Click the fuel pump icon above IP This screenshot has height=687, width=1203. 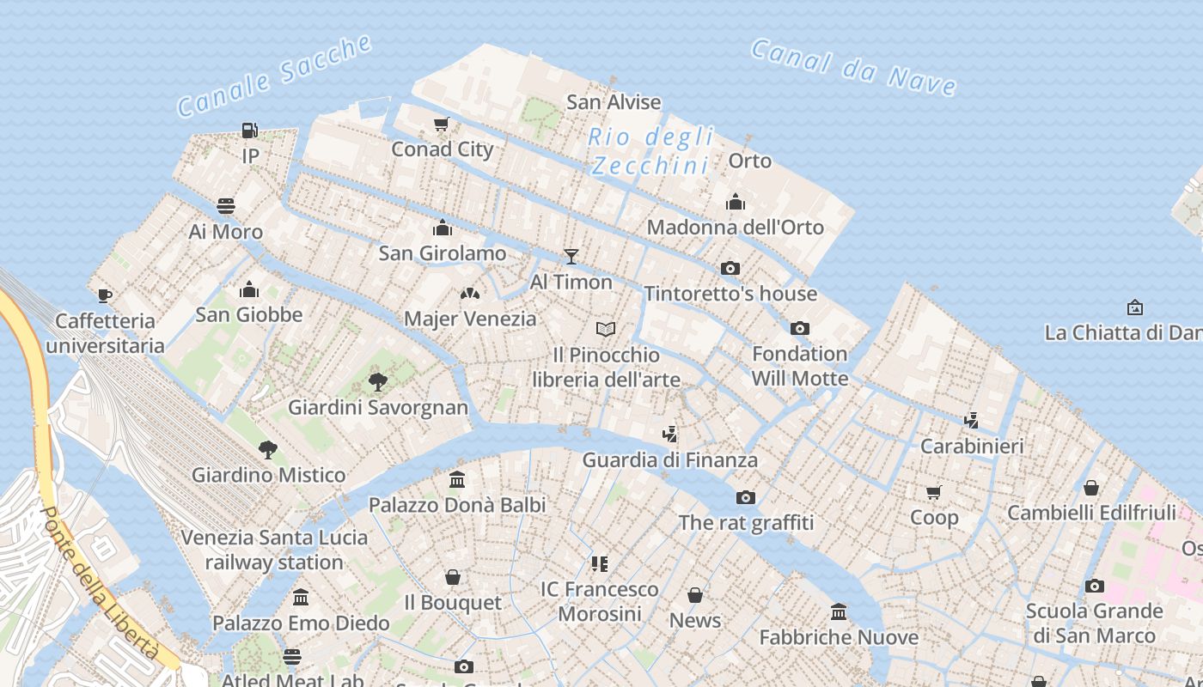tap(249, 131)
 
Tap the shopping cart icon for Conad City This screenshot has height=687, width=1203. tap(442, 124)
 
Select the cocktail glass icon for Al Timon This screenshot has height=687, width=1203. tap(571, 256)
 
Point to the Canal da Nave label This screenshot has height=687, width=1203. tap(853, 67)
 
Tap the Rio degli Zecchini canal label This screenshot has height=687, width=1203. tap(651, 151)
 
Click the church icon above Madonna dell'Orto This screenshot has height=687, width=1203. tap(736, 202)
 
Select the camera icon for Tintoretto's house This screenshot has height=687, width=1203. tap(730, 268)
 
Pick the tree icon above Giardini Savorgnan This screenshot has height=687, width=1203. tap(377, 381)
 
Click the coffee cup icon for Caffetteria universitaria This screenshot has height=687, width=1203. tap(105, 295)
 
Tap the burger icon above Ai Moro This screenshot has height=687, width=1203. tap(226, 206)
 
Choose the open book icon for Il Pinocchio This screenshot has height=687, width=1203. tap(606, 329)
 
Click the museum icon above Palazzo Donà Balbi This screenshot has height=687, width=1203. tap(457, 479)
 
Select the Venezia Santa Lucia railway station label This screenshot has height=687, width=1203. tap(274, 550)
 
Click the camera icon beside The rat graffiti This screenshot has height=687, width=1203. tap(746, 497)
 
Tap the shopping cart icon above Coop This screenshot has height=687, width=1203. tap(934, 492)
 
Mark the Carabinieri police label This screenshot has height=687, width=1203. tap(972, 446)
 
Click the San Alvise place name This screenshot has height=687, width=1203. tap(614, 102)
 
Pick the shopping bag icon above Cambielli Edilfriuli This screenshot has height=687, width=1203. tap(1091, 488)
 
